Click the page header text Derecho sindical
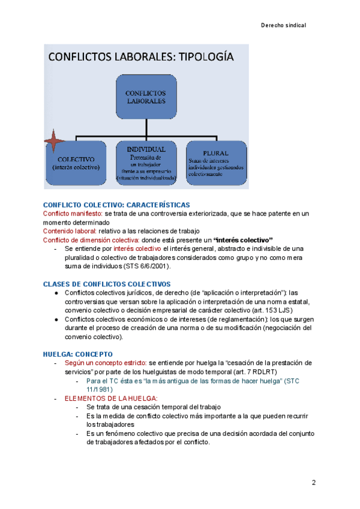[284, 26]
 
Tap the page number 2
[314, 483]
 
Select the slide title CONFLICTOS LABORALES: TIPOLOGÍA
[141, 58]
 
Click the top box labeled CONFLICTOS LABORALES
[146, 97]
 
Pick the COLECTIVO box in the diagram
[76, 163]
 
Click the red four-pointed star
[54, 142]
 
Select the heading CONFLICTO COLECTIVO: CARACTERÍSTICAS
[116, 205]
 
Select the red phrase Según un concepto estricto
[105, 363]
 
